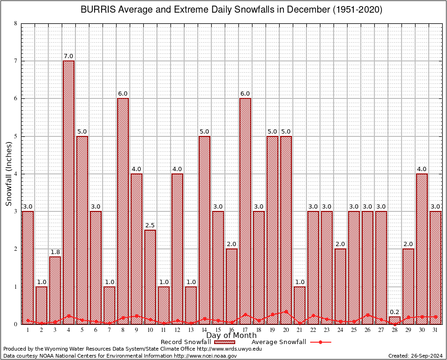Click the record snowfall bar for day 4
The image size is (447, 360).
(68, 192)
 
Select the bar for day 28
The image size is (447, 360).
(395, 320)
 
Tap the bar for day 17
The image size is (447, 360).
(245, 211)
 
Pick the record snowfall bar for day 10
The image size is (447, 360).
(150, 277)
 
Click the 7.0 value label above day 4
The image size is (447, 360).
(68, 56)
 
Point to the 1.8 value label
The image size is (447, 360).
(55, 252)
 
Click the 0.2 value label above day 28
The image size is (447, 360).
(395, 312)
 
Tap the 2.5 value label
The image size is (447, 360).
(150, 225)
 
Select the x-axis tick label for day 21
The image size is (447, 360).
(299, 330)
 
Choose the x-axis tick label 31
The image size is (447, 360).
(436, 330)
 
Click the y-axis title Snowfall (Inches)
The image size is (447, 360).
(9, 174)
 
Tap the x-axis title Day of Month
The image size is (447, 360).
(231, 336)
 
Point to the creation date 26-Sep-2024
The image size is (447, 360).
(428, 356)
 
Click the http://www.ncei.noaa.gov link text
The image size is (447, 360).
(205, 356)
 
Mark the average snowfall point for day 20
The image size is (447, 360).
(286, 311)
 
